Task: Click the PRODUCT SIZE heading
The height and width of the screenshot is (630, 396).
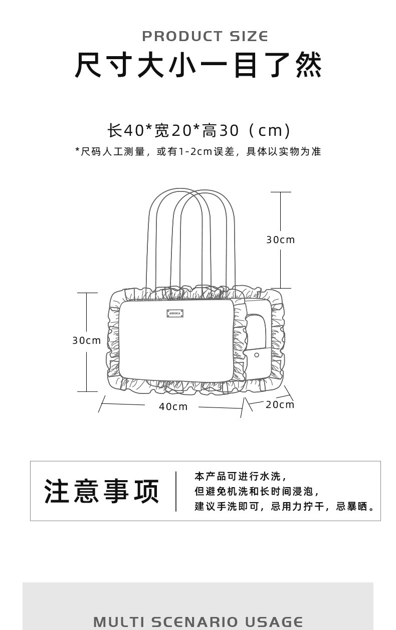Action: pyautogui.click(x=205, y=37)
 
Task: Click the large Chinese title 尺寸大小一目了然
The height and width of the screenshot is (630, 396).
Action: pyautogui.click(x=199, y=66)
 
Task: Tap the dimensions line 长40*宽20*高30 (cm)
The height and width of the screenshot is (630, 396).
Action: pyautogui.click(x=199, y=130)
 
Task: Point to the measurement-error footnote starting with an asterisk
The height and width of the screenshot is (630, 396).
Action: pyautogui.click(x=198, y=151)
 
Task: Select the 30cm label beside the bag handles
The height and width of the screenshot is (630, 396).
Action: pyautogui.click(x=280, y=240)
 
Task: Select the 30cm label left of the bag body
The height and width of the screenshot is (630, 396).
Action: pyautogui.click(x=87, y=341)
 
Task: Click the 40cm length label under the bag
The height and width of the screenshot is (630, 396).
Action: pyautogui.click(x=173, y=406)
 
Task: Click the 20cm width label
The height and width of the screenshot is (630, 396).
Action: pyautogui.click(x=280, y=404)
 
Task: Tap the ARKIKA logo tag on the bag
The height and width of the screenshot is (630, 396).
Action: pyautogui.click(x=175, y=313)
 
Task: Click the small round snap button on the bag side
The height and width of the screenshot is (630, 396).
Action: pyautogui.click(x=257, y=355)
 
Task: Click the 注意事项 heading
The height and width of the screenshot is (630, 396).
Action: pyautogui.click(x=102, y=491)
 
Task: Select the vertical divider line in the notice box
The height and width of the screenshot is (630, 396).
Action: pyautogui.click(x=176, y=491)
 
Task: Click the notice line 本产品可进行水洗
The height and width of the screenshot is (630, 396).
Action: pyautogui.click(x=241, y=476)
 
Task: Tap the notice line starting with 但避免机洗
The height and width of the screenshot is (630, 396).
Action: pyautogui.click(x=257, y=491)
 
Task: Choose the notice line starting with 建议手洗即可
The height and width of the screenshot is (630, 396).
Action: pyautogui.click(x=285, y=506)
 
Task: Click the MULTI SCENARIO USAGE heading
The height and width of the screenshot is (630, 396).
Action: pyautogui.click(x=198, y=622)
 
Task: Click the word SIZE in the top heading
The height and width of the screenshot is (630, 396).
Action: pyautogui.click(x=249, y=37)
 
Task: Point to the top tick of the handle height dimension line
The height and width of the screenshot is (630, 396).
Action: pyautogui.click(x=281, y=192)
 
